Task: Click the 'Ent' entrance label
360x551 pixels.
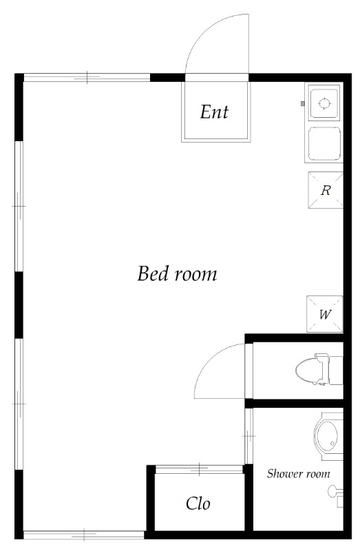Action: pos(214,112)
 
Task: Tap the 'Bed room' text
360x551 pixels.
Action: pos(177,273)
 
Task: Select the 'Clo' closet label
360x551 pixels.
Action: pos(198,503)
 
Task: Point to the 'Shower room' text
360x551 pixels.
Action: pos(298,474)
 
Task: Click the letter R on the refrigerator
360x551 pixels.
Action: pos(326,190)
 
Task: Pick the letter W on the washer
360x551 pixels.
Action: pos(325,314)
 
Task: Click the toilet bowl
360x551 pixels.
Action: pos(306,369)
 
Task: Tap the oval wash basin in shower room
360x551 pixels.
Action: pos(326,436)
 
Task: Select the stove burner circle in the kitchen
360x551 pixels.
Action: pos(324,103)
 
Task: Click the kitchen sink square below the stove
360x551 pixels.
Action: pos(324,143)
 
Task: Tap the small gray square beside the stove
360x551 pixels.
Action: pos(302,103)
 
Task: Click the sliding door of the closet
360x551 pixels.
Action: pos(199,469)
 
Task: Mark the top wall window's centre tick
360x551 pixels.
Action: pos(87,77)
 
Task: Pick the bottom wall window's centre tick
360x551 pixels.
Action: pos(84,534)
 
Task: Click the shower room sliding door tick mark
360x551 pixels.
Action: pos(248,437)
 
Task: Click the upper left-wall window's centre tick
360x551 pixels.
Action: pos(19,206)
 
